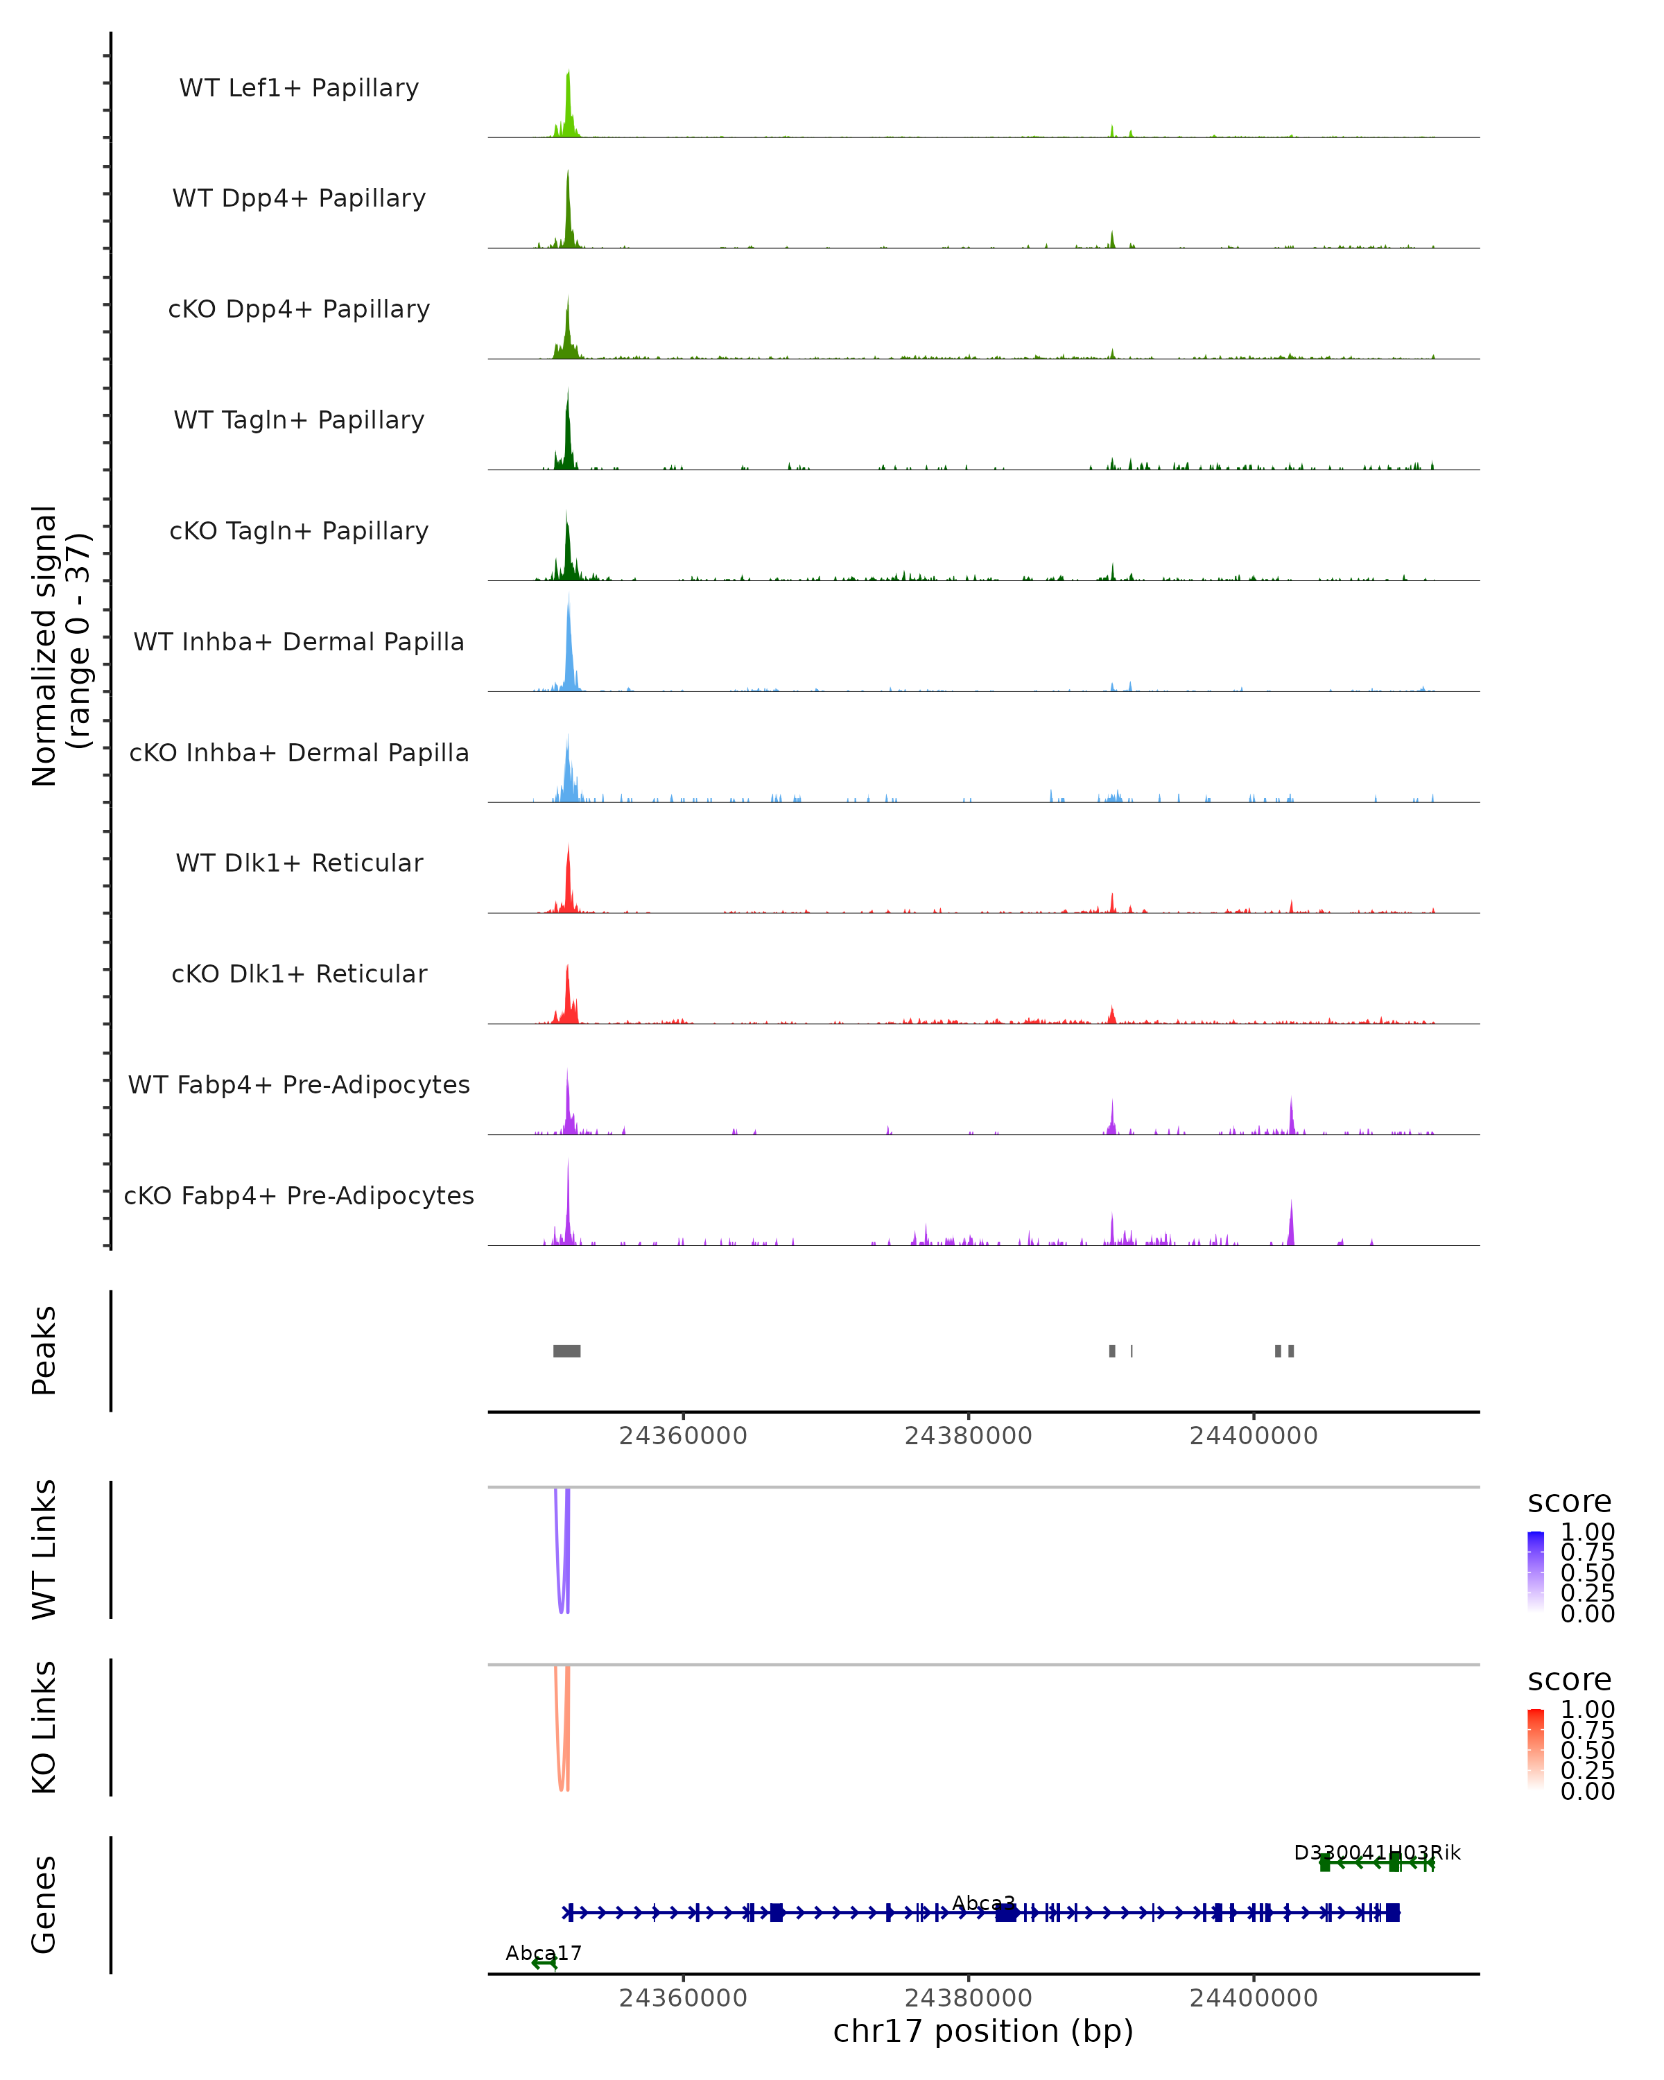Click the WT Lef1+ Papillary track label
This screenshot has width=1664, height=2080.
click(299, 88)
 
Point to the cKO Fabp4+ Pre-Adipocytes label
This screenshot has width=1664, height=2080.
click(299, 1195)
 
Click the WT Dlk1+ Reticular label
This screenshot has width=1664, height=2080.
click(299, 863)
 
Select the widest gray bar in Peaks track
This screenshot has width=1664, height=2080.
click(566, 1351)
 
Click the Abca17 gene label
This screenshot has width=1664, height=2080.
click(543, 1952)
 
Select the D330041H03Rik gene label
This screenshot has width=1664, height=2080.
click(1376, 1853)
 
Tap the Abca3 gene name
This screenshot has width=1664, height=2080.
click(983, 1903)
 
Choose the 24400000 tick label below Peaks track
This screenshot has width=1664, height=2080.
click(1253, 1436)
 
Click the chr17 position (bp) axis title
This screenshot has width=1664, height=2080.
click(983, 2031)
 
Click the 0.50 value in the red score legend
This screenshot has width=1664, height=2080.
click(1587, 1750)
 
